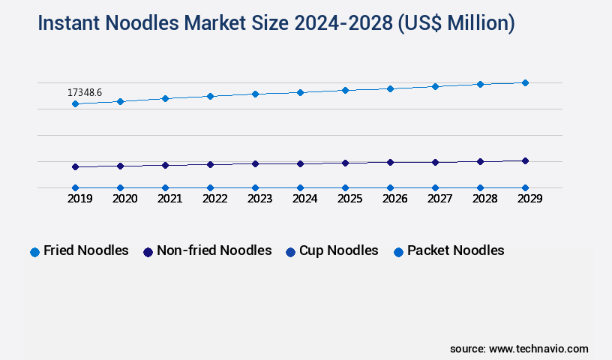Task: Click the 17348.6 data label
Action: (85, 92)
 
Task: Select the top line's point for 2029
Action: (525, 82)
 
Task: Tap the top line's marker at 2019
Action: (75, 103)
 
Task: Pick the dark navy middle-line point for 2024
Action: (300, 163)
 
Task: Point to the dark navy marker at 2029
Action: (525, 160)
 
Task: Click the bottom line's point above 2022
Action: (210, 187)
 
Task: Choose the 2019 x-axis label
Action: (75, 199)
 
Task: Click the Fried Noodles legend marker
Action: (34, 252)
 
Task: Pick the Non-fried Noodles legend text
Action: (214, 250)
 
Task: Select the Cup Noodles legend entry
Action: (338, 250)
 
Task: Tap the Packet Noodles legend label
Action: (455, 250)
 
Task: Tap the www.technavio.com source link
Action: (538, 349)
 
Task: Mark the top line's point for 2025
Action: (345, 90)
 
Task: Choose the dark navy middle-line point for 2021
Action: (165, 165)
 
